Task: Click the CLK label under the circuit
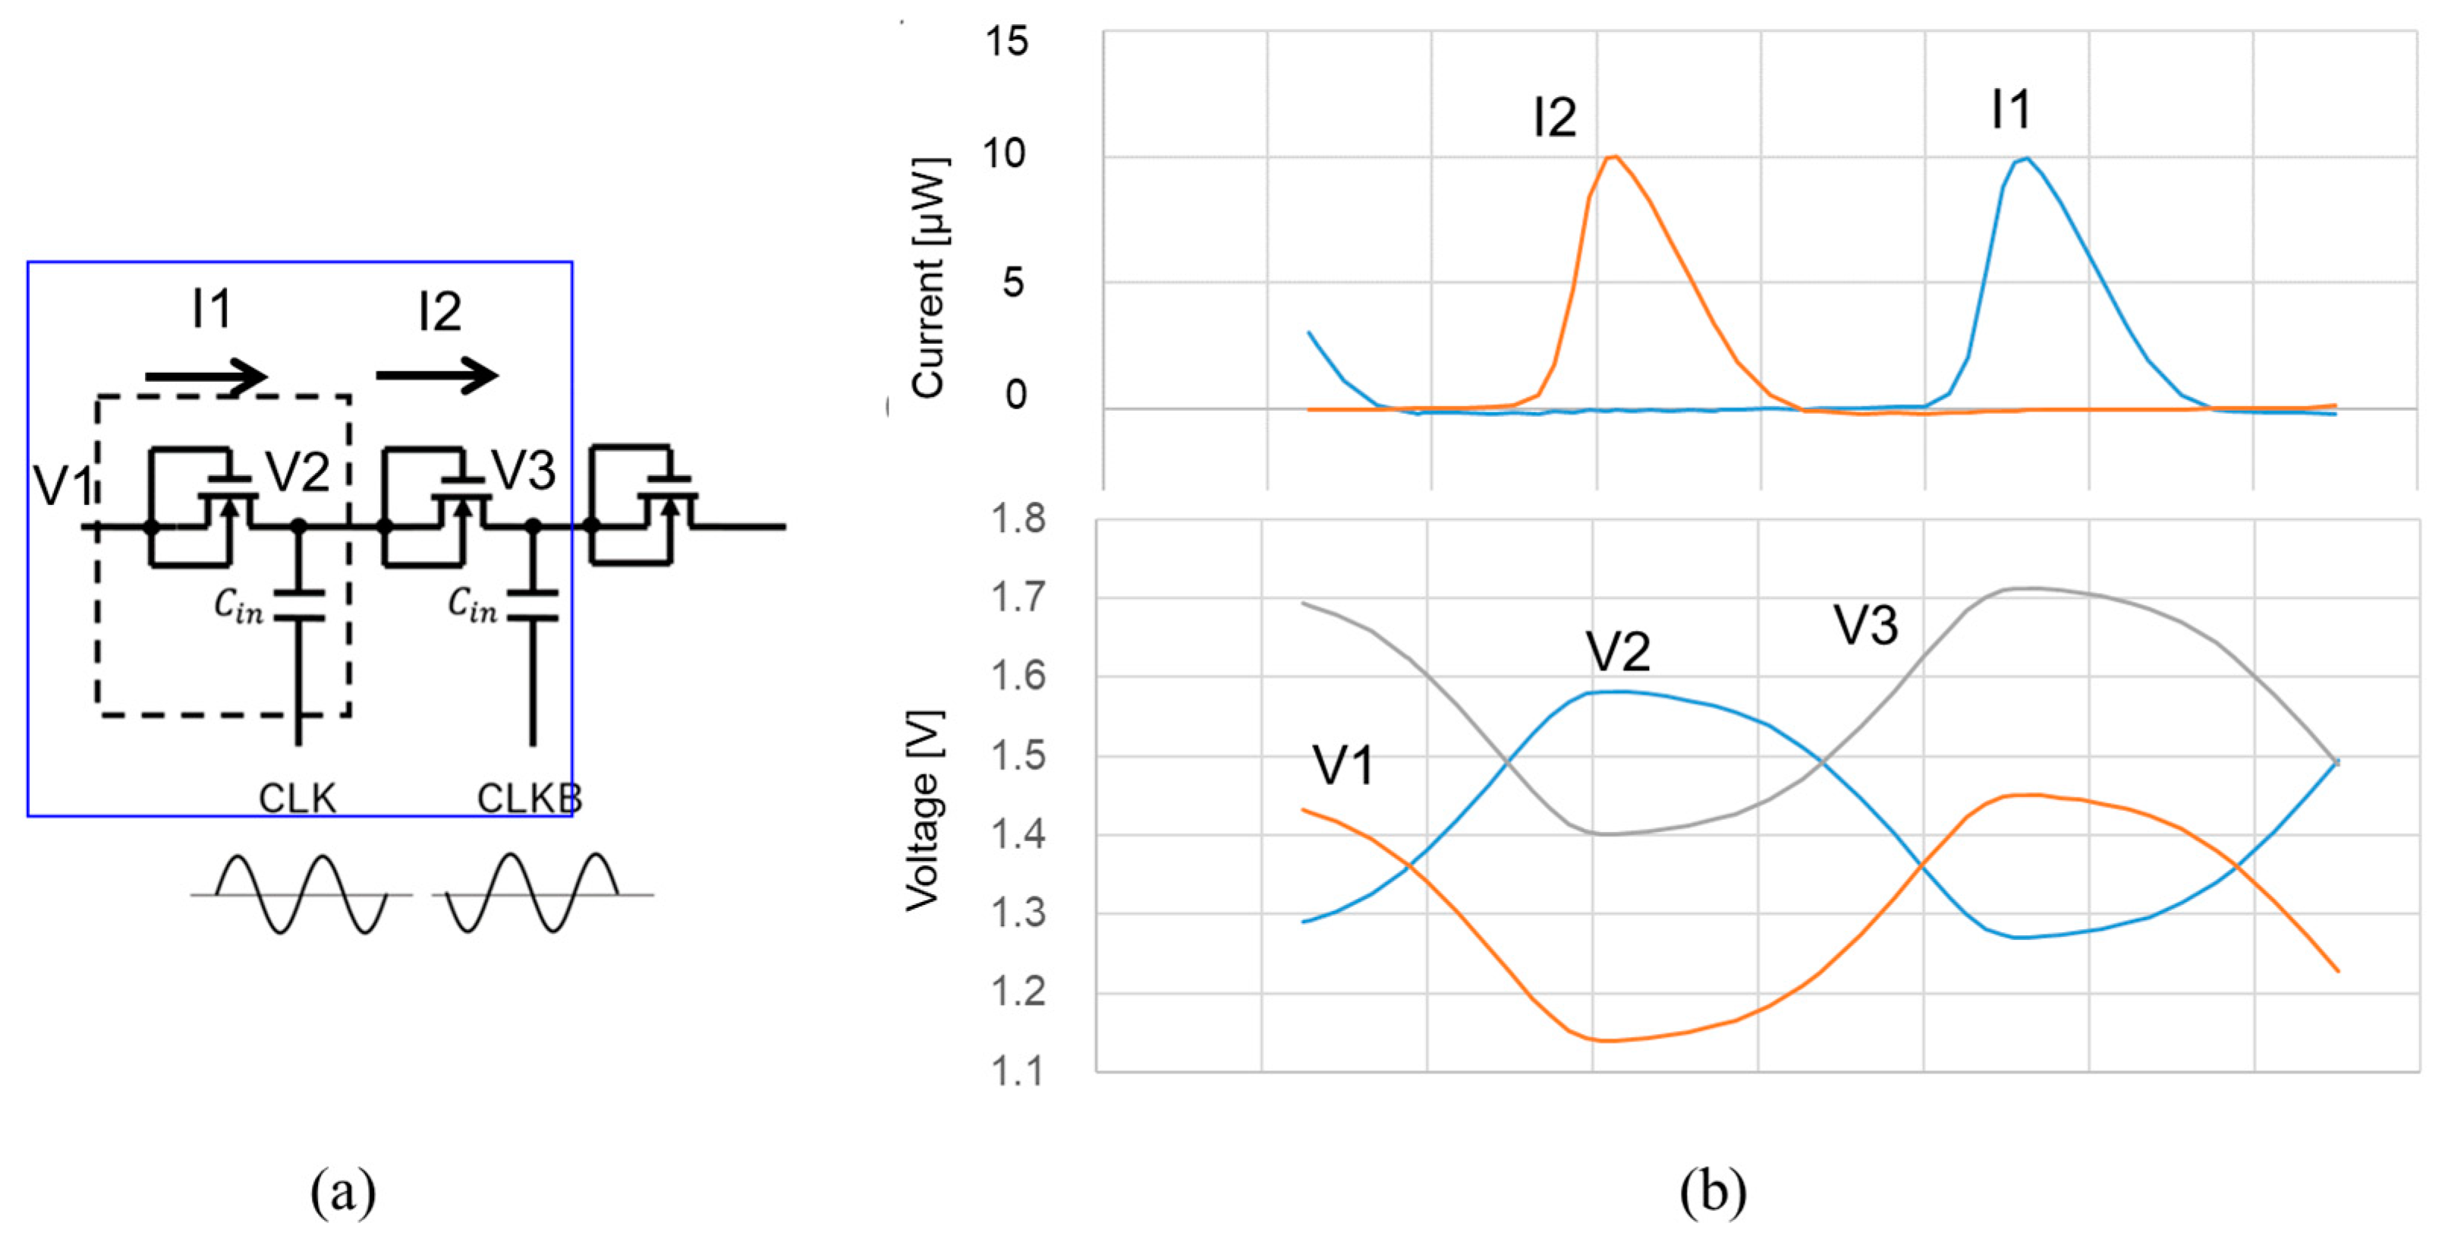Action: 297,799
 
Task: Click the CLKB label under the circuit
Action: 529,799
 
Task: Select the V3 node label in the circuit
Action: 524,469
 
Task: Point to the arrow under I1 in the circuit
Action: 206,377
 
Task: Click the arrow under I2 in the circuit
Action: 437,377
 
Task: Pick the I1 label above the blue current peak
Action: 2011,110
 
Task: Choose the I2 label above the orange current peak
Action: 1555,118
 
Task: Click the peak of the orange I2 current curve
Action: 1613,157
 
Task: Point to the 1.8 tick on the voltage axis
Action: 1017,519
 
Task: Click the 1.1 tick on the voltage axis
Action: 1017,1071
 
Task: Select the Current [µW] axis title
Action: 928,277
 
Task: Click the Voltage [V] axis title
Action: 922,811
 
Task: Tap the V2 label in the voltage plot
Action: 1618,651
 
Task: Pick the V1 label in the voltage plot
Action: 1342,765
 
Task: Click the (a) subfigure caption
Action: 343,1192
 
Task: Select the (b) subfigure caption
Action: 1712,1192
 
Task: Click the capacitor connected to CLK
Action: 299,606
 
